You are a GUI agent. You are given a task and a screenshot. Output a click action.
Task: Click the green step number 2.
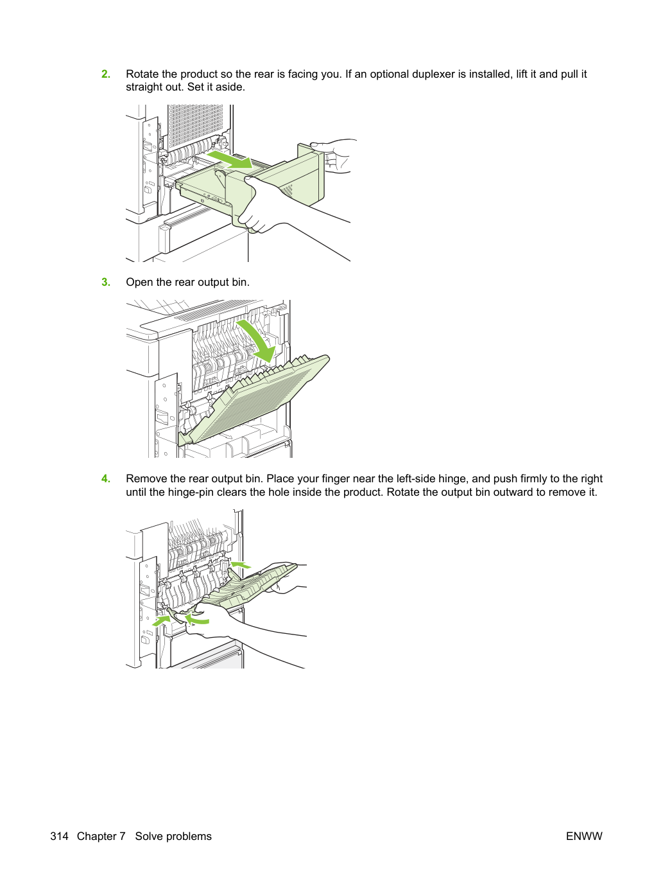click(x=106, y=74)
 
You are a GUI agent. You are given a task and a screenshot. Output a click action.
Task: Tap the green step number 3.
click(x=106, y=282)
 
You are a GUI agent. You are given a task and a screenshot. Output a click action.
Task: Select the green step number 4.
click(x=106, y=478)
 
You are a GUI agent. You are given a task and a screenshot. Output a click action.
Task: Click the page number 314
click(x=59, y=836)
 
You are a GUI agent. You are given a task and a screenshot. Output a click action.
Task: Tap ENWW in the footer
click(x=584, y=836)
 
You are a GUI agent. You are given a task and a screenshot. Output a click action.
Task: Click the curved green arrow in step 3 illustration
click(x=257, y=341)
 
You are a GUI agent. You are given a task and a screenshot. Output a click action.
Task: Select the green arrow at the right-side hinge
click(x=240, y=564)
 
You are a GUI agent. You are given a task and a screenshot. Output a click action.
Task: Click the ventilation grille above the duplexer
click(x=195, y=125)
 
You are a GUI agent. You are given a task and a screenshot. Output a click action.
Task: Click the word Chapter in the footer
click(x=101, y=836)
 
